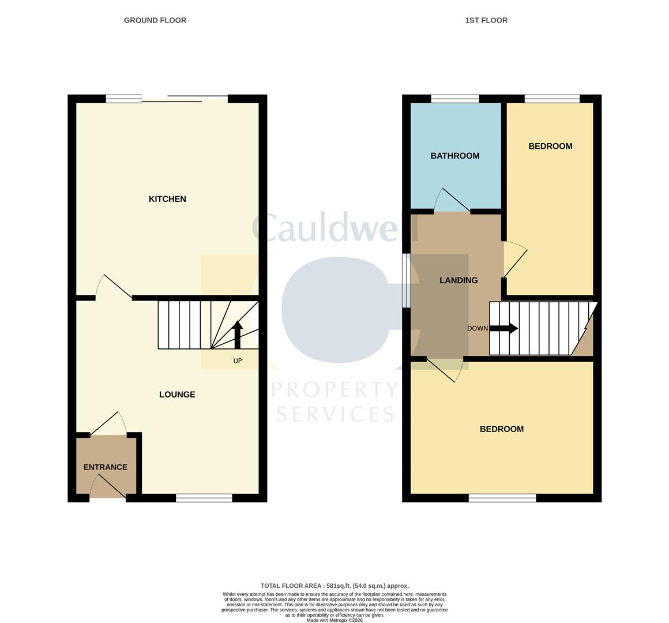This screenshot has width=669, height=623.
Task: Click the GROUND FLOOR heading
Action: point(155,20)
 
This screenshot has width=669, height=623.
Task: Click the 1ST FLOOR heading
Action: point(486,20)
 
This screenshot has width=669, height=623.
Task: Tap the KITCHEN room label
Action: point(167,199)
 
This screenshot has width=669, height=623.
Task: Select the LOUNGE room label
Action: point(177,395)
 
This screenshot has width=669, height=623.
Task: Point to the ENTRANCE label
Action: point(106,467)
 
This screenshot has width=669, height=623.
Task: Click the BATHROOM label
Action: point(455,156)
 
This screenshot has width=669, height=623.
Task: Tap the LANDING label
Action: point(458,280)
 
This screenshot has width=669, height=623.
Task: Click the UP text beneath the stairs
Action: point(237,361)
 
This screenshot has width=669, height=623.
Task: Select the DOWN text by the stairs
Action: point(477,329)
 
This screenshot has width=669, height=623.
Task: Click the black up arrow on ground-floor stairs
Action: point(237,335)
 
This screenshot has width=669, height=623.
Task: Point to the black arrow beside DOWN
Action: point(503,329)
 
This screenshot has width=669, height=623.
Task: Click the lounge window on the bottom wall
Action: point(204,498)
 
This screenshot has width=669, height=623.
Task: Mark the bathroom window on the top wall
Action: point(455,99)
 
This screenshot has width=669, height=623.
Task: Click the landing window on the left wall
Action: point(406,280)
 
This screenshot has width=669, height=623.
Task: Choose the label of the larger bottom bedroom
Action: point(502,429)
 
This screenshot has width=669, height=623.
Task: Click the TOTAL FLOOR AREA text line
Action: point(334,586)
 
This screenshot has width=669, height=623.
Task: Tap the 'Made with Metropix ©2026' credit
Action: point(334,620)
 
